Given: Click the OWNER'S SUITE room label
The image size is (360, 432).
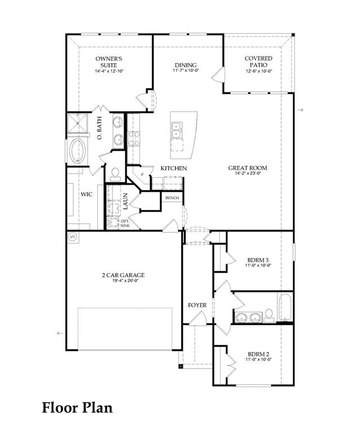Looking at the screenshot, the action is click(x=109, y=62).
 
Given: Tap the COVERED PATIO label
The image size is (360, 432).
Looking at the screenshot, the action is click(x=258, y=62).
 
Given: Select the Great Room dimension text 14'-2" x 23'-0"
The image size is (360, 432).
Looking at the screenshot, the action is click(x=247, y=174).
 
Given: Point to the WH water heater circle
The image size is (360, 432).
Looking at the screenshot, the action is click(x=73, y=236).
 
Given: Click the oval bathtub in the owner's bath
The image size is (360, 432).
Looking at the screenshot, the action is click(x=78, y=150).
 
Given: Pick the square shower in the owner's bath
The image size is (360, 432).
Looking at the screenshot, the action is click(x=78, y=123).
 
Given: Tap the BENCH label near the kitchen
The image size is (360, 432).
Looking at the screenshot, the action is click(x=172, y=198).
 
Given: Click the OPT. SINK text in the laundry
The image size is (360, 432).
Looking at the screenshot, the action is click(x=125, y=223).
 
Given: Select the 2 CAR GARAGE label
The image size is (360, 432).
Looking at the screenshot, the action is click(x=123, y=275).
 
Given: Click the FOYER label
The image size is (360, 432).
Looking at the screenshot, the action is click(x=197, y=305).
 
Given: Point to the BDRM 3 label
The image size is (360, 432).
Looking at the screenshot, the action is click(x=258, y=260).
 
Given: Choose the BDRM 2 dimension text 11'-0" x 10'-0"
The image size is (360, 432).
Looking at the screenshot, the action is click(x=259, y=359).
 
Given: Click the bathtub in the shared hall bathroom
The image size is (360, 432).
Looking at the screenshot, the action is click(x=285, y=308).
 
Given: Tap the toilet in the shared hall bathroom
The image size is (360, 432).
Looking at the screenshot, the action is click(x=269, y=316).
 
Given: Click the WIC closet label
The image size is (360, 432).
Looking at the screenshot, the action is click(x=87, y=194).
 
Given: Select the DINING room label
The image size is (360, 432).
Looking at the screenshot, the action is click(x=186, y=65).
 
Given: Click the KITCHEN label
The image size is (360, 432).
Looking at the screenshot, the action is click(x=174, y=168).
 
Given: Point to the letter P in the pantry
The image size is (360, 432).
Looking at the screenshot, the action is click(x=142, y=175).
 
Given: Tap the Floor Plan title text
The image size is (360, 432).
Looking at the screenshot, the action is click(x=77, y=407).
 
